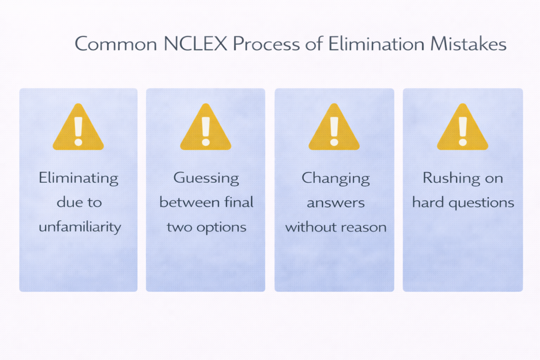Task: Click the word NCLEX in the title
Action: point(195,44)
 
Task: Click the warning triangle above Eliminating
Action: point(78,128)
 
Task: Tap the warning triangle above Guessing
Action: point(206,128)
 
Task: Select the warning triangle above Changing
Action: point(334,128)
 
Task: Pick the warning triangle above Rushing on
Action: point(462,128)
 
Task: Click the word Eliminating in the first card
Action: point(78,178)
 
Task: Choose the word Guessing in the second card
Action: point(206,178)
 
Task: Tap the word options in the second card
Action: point(222,227)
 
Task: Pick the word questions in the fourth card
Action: point(480,202)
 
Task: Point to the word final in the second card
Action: point(240,202)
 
